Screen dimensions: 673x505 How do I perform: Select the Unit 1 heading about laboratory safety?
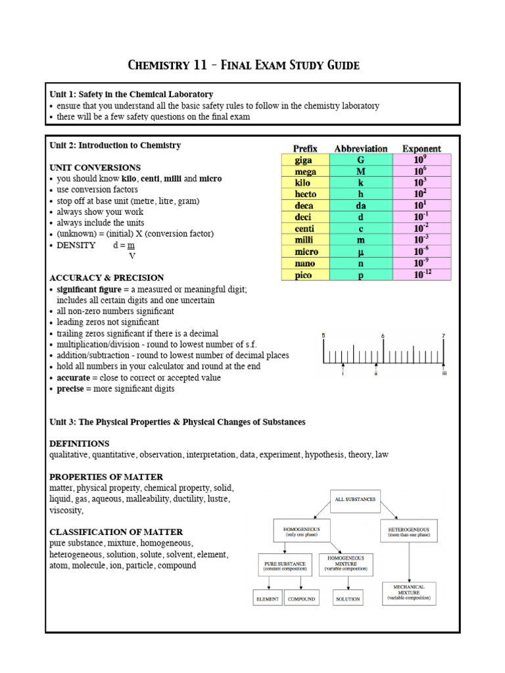coord(132,95)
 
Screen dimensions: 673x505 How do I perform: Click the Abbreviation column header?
coord(360,149)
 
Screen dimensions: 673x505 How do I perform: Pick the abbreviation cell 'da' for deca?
coord(360,206)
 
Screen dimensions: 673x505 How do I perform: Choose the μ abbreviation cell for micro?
coord(360,252)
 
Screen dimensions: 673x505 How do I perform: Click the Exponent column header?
coord(421,149)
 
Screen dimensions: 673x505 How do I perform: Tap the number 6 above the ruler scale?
coord(383,336)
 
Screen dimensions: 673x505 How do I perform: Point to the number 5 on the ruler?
coord(323,336)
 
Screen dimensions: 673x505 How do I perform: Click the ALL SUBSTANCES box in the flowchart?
coord(355,499)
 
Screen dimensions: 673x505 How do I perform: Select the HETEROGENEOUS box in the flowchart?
coord(409,531)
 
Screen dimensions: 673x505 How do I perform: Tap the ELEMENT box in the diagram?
coord(268,599)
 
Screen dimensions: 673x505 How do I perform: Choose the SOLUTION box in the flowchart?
coord(347,599)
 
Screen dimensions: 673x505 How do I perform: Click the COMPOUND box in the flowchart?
coord(302,599)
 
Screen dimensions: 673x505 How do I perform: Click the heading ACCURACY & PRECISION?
coord(107,277)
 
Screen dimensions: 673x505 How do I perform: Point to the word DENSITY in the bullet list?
coord(76,245)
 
